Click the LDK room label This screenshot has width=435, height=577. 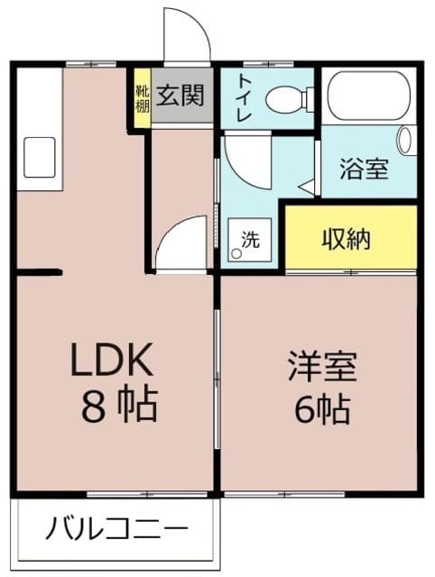click(x=116, y=361)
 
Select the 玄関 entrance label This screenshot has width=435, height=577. click(x=182, y=94)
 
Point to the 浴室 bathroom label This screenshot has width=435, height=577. click(x=364, y=168)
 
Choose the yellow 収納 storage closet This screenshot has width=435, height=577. click(x=351, y=238)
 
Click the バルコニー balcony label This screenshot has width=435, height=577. click(x=117, y=527)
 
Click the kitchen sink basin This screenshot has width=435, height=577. click(x=38, y=158)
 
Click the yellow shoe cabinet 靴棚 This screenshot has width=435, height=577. click(x=142, y=97)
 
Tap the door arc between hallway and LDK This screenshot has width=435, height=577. click(x=180, y=243)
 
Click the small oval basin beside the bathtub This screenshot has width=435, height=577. click(x=405, y=141)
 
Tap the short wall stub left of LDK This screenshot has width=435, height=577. click(x=38, y=270)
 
